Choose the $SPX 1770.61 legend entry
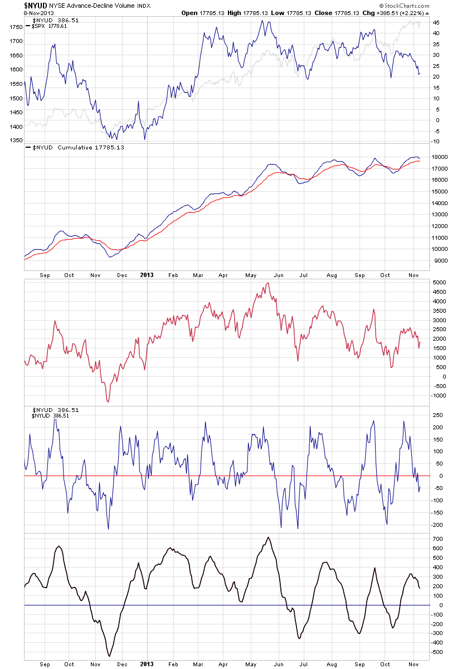pos(49,26)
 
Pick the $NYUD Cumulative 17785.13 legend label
pos(79,148)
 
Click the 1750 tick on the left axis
pos(16,27)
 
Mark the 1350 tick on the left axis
pos(16,140)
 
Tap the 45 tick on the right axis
pos(435,22)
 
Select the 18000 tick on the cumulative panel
pos(440,157)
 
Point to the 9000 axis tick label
pos(438,261)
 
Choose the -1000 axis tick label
pos(439,396)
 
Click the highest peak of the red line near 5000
pos(268,283)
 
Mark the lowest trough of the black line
pos(109,656)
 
